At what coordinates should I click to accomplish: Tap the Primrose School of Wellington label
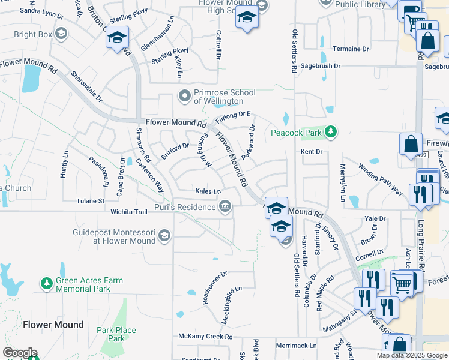coord(224,97)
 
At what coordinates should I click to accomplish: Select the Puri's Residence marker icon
coord(224,208)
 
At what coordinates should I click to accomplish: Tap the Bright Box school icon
coord(61,34)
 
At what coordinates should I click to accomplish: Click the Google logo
coord(20,353)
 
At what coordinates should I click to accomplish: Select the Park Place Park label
coord(116,334)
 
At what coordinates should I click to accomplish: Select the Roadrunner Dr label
coord(214,287)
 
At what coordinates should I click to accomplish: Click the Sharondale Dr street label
coord(86,85)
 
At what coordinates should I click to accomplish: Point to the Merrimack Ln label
coord(296,346)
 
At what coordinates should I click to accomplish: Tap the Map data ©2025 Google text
coord(412,355)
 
